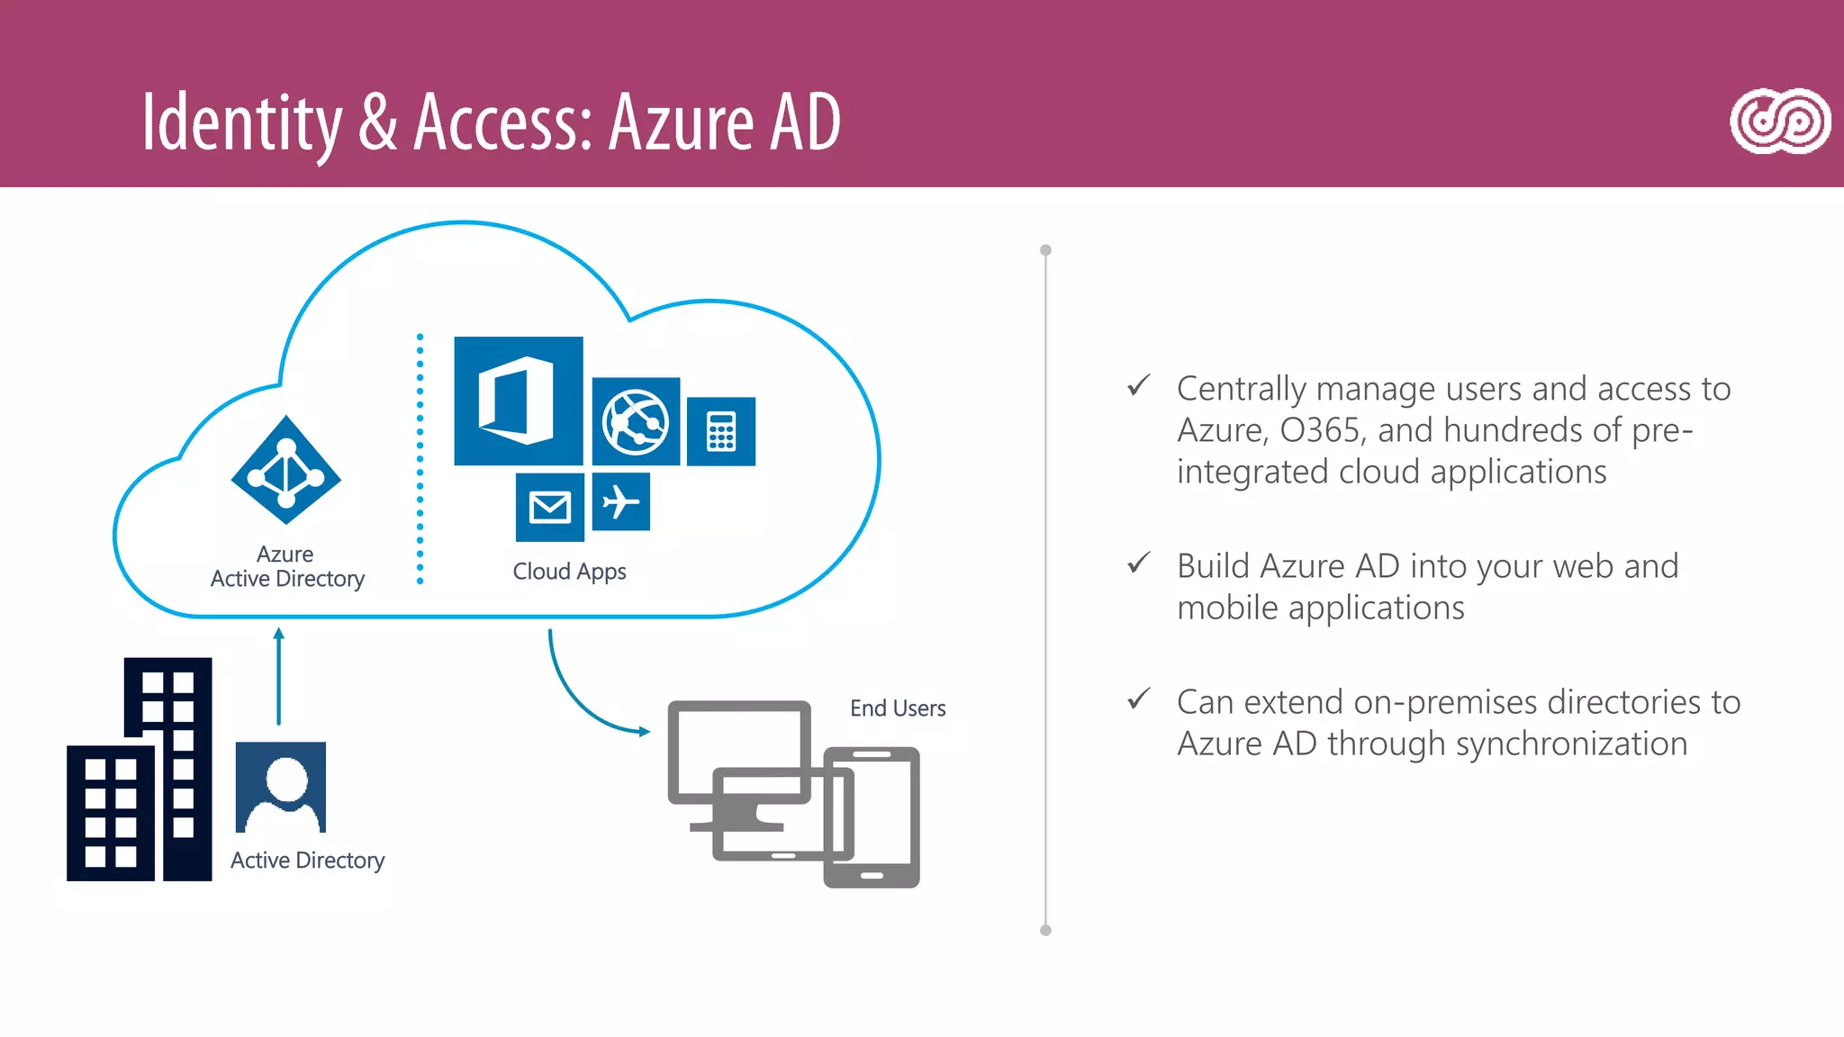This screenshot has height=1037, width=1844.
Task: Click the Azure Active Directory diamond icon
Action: [286, 470]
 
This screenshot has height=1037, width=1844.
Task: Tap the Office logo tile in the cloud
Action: [518, 401]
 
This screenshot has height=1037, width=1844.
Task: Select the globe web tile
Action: [636, 421]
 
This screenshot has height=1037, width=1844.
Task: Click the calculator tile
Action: [721, 431]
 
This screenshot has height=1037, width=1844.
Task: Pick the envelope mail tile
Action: [550, 507]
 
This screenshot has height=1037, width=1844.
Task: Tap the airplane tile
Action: [621, 501]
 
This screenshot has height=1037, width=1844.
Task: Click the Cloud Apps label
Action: [569, 572]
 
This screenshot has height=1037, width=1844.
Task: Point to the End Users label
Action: [898, 708]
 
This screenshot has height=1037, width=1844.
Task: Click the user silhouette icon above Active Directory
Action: [281, 787]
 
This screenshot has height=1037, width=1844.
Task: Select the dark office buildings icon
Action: [140, 771]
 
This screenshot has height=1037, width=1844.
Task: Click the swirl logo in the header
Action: [1779, 122]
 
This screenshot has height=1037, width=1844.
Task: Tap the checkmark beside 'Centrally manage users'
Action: [1139, 386]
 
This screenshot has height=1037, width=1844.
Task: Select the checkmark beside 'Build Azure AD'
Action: [1139, 564]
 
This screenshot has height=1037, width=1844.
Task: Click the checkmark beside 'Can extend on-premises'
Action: [1139, 699]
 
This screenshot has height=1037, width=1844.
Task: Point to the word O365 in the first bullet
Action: [1320, 430]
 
